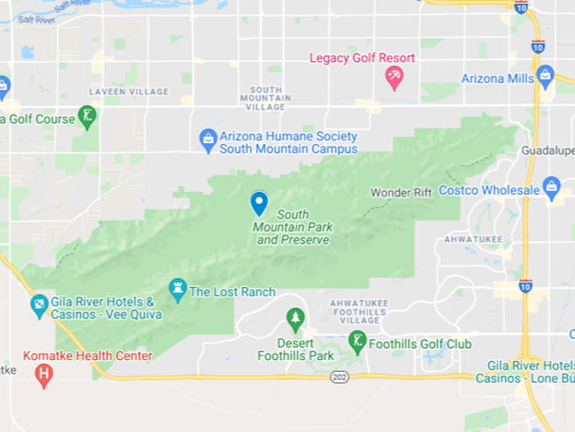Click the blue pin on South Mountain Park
point(259,202)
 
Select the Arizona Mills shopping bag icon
point(545,76)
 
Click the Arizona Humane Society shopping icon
point(208,139)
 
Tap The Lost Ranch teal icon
point(178,290)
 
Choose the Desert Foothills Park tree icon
point(295,319)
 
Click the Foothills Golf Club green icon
point(357,342)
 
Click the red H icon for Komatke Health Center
point(42,375)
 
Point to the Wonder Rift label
point(401,193)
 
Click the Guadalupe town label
point(548,150)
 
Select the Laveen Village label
point(128,91)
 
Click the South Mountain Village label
point(265,98)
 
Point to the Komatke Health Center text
point(87,356)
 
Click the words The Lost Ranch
point(232,293)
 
